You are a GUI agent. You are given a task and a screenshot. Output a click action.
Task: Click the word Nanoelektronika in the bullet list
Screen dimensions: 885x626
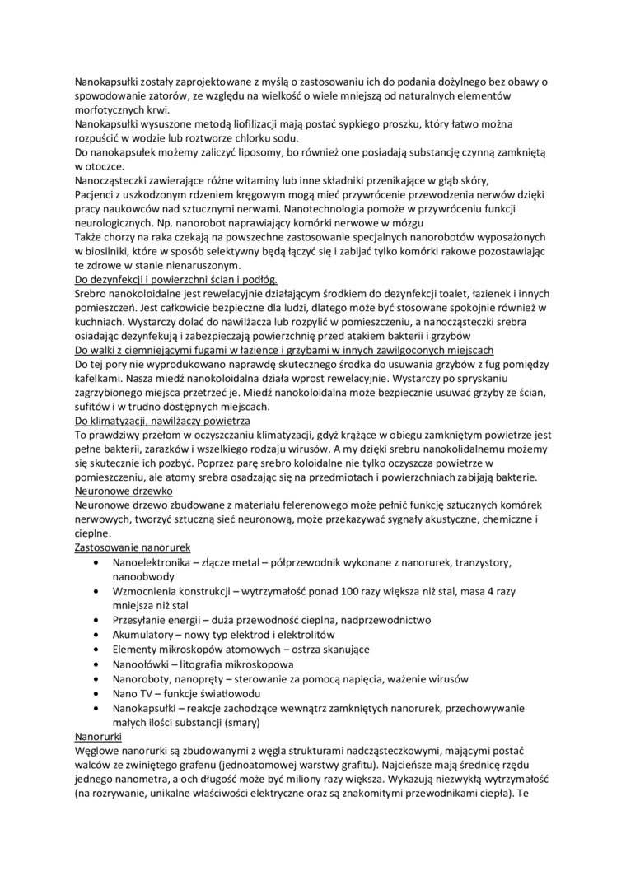click(x=154, y=561)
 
